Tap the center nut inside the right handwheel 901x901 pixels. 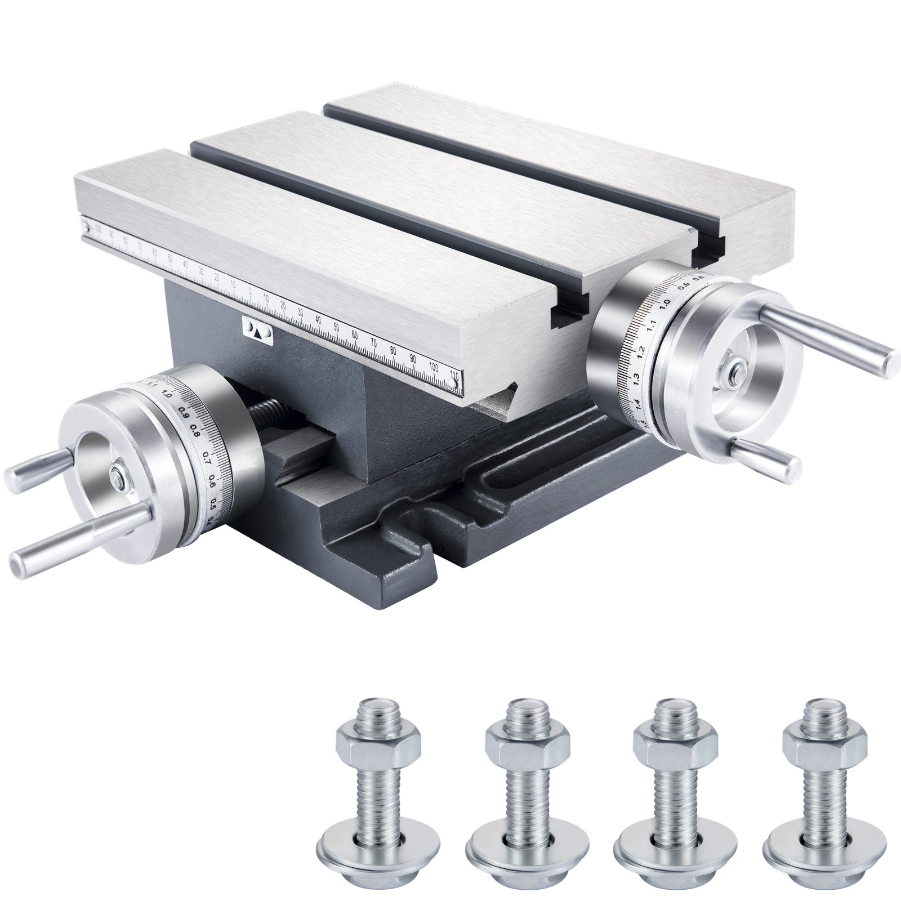[736, 371]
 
